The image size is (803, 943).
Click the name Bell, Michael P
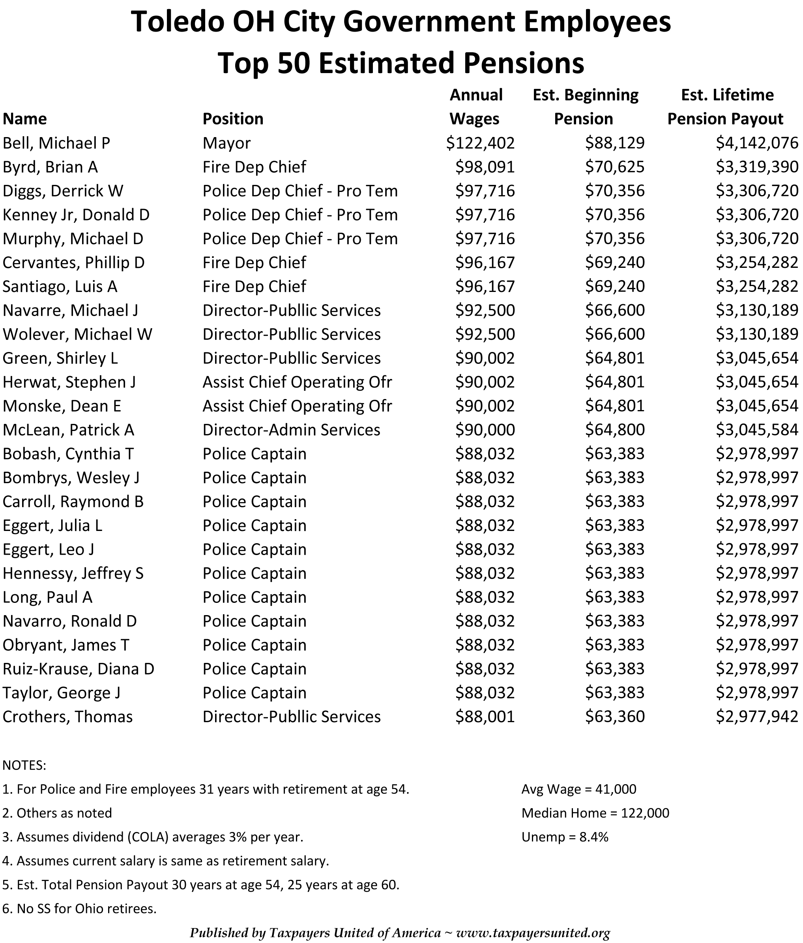point(56,143)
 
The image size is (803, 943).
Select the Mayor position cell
point(226,143)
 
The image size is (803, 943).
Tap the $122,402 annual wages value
point(480,143)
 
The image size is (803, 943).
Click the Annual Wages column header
point(475,107)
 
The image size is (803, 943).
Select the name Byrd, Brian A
point(50,167)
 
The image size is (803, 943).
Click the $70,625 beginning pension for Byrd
point(615,167)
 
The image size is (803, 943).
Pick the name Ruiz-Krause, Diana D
point(79,669)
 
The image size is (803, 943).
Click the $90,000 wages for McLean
point(485,430)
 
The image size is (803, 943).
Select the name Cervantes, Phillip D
point(74,263)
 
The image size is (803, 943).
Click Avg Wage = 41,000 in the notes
point(579,789)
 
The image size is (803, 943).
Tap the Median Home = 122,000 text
point(595,813)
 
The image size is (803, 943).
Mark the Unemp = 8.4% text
point(565,836)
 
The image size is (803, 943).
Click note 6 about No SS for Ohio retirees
point(80,908)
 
